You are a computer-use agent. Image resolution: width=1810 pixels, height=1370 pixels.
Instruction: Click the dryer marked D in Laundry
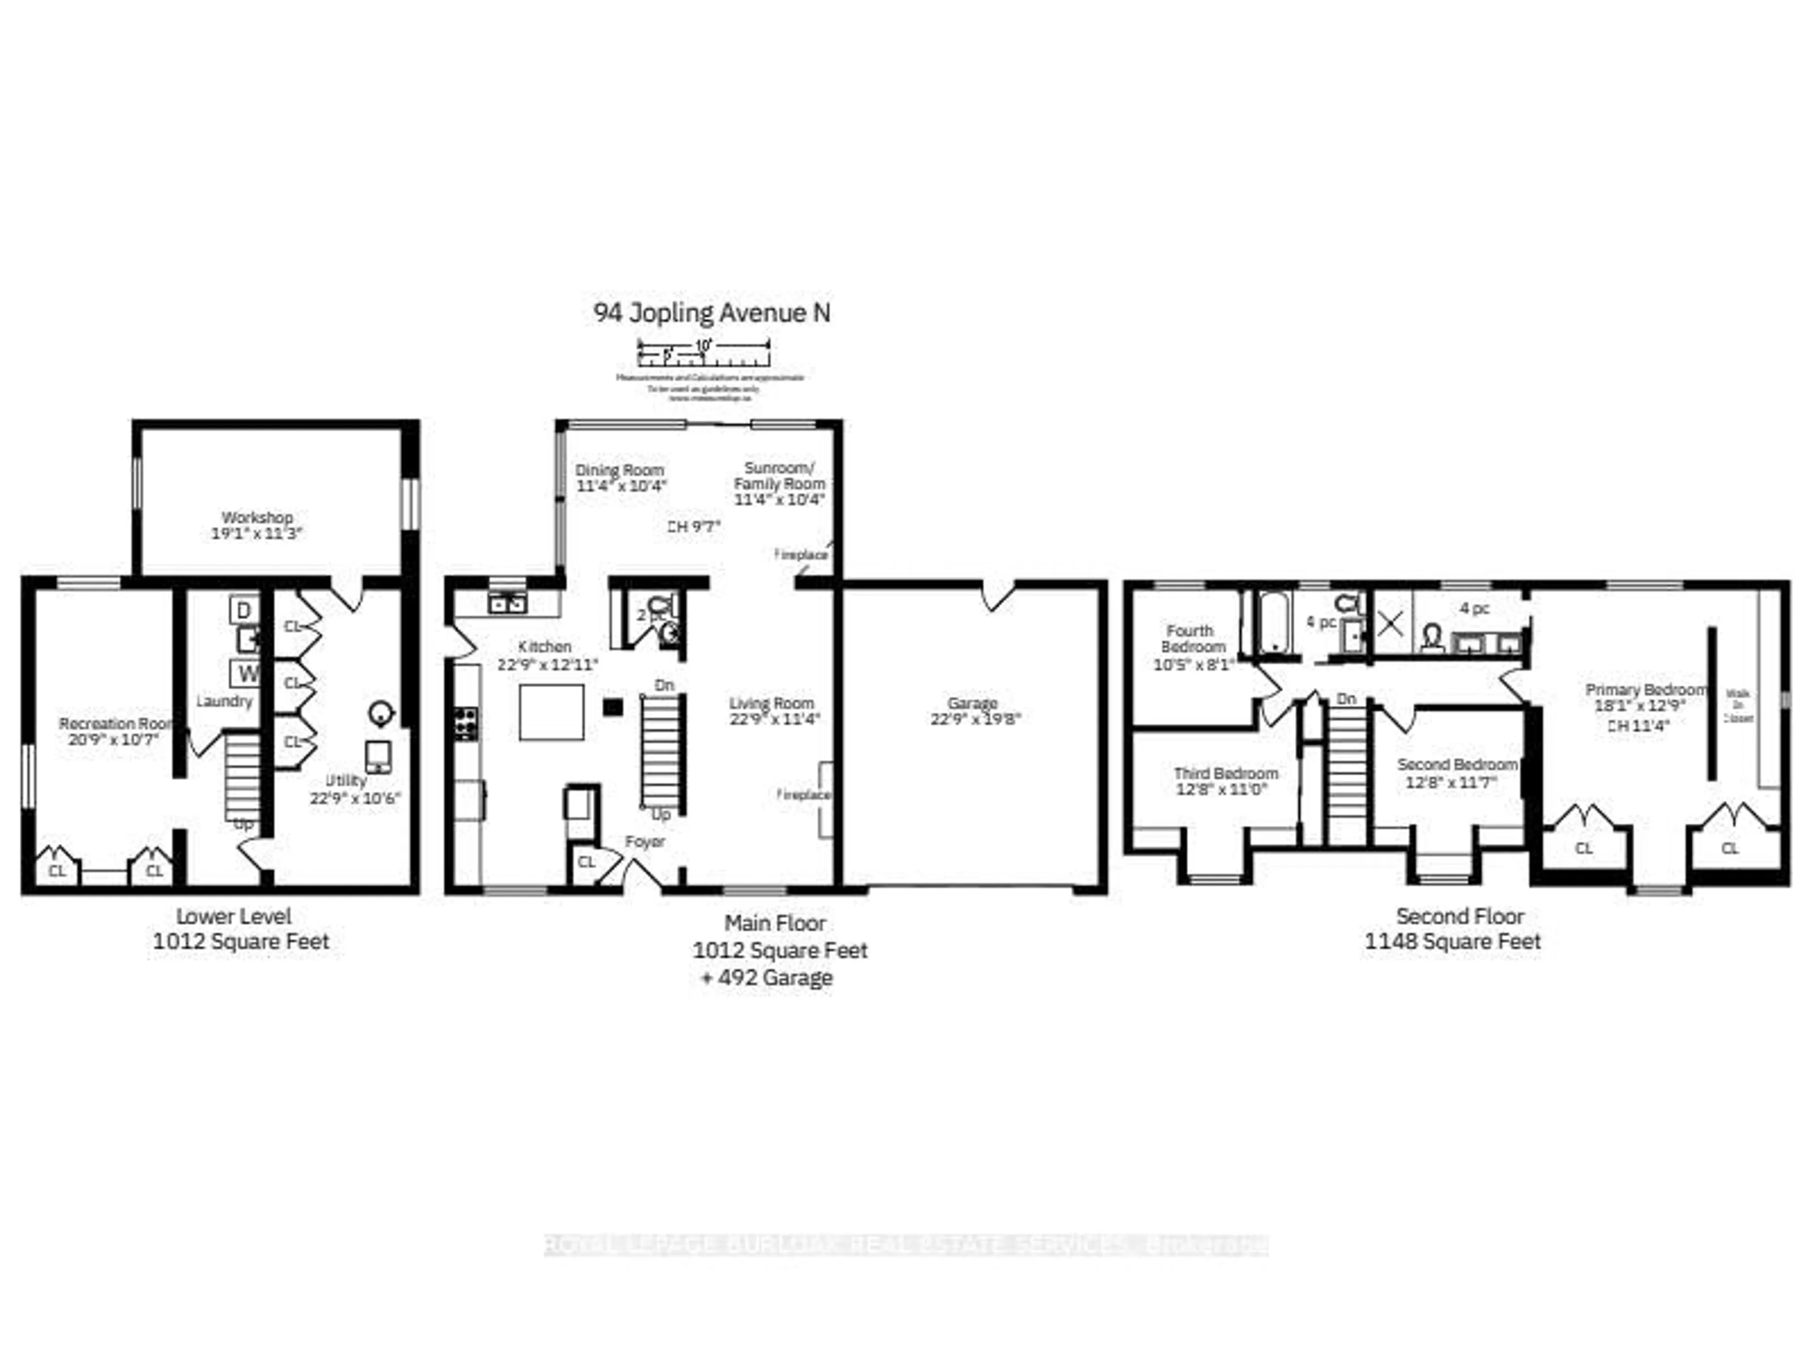(244, 609)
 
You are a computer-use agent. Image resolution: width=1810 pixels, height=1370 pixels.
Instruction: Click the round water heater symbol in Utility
(380, 713)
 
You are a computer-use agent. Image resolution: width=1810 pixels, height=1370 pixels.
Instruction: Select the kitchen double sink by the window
(507, 603)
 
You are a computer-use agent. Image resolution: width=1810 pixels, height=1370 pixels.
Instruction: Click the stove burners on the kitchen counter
(466, 724)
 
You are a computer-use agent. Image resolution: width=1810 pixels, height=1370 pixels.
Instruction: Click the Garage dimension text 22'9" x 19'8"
(975, 719)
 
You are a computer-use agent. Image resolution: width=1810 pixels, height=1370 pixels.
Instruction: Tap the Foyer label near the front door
(645, 841)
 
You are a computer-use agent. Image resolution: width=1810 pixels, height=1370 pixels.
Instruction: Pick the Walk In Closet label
(1738, 705)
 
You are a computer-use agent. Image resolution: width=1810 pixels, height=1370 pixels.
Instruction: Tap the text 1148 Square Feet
(1452, 941)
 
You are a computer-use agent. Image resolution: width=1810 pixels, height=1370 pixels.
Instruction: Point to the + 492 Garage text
(767, 978)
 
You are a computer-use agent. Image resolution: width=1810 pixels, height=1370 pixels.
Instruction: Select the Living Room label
(772, 703)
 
